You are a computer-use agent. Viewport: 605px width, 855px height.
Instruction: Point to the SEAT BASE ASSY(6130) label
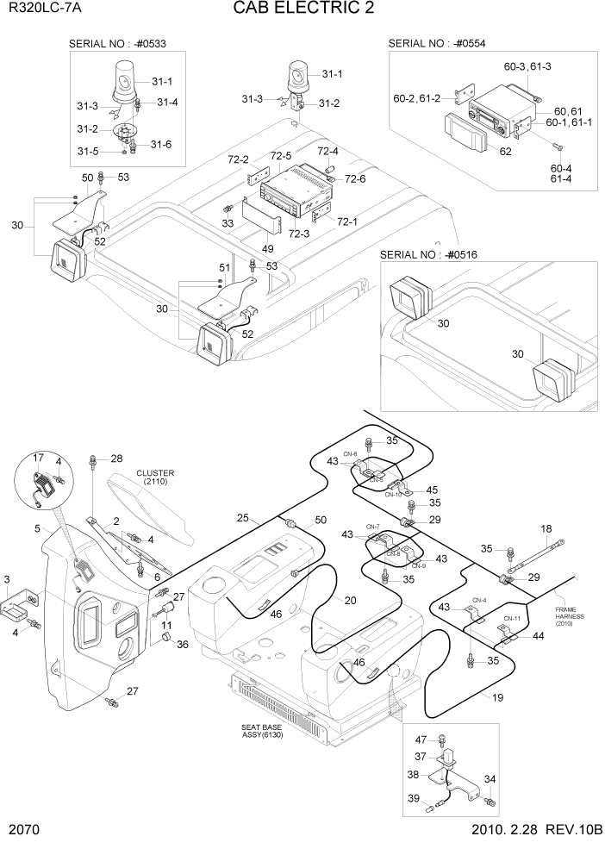262,731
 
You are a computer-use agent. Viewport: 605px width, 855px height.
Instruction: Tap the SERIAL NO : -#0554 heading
439,43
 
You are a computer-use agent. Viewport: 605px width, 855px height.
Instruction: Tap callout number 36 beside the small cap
181,643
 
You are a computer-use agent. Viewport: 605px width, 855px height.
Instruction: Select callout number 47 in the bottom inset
421,740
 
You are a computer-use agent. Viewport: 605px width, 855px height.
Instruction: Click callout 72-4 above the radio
328,151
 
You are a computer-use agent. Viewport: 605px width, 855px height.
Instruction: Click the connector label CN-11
512,619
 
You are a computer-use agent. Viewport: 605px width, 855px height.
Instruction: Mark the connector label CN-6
351,454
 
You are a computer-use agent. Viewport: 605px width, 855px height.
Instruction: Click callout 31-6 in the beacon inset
161,144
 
